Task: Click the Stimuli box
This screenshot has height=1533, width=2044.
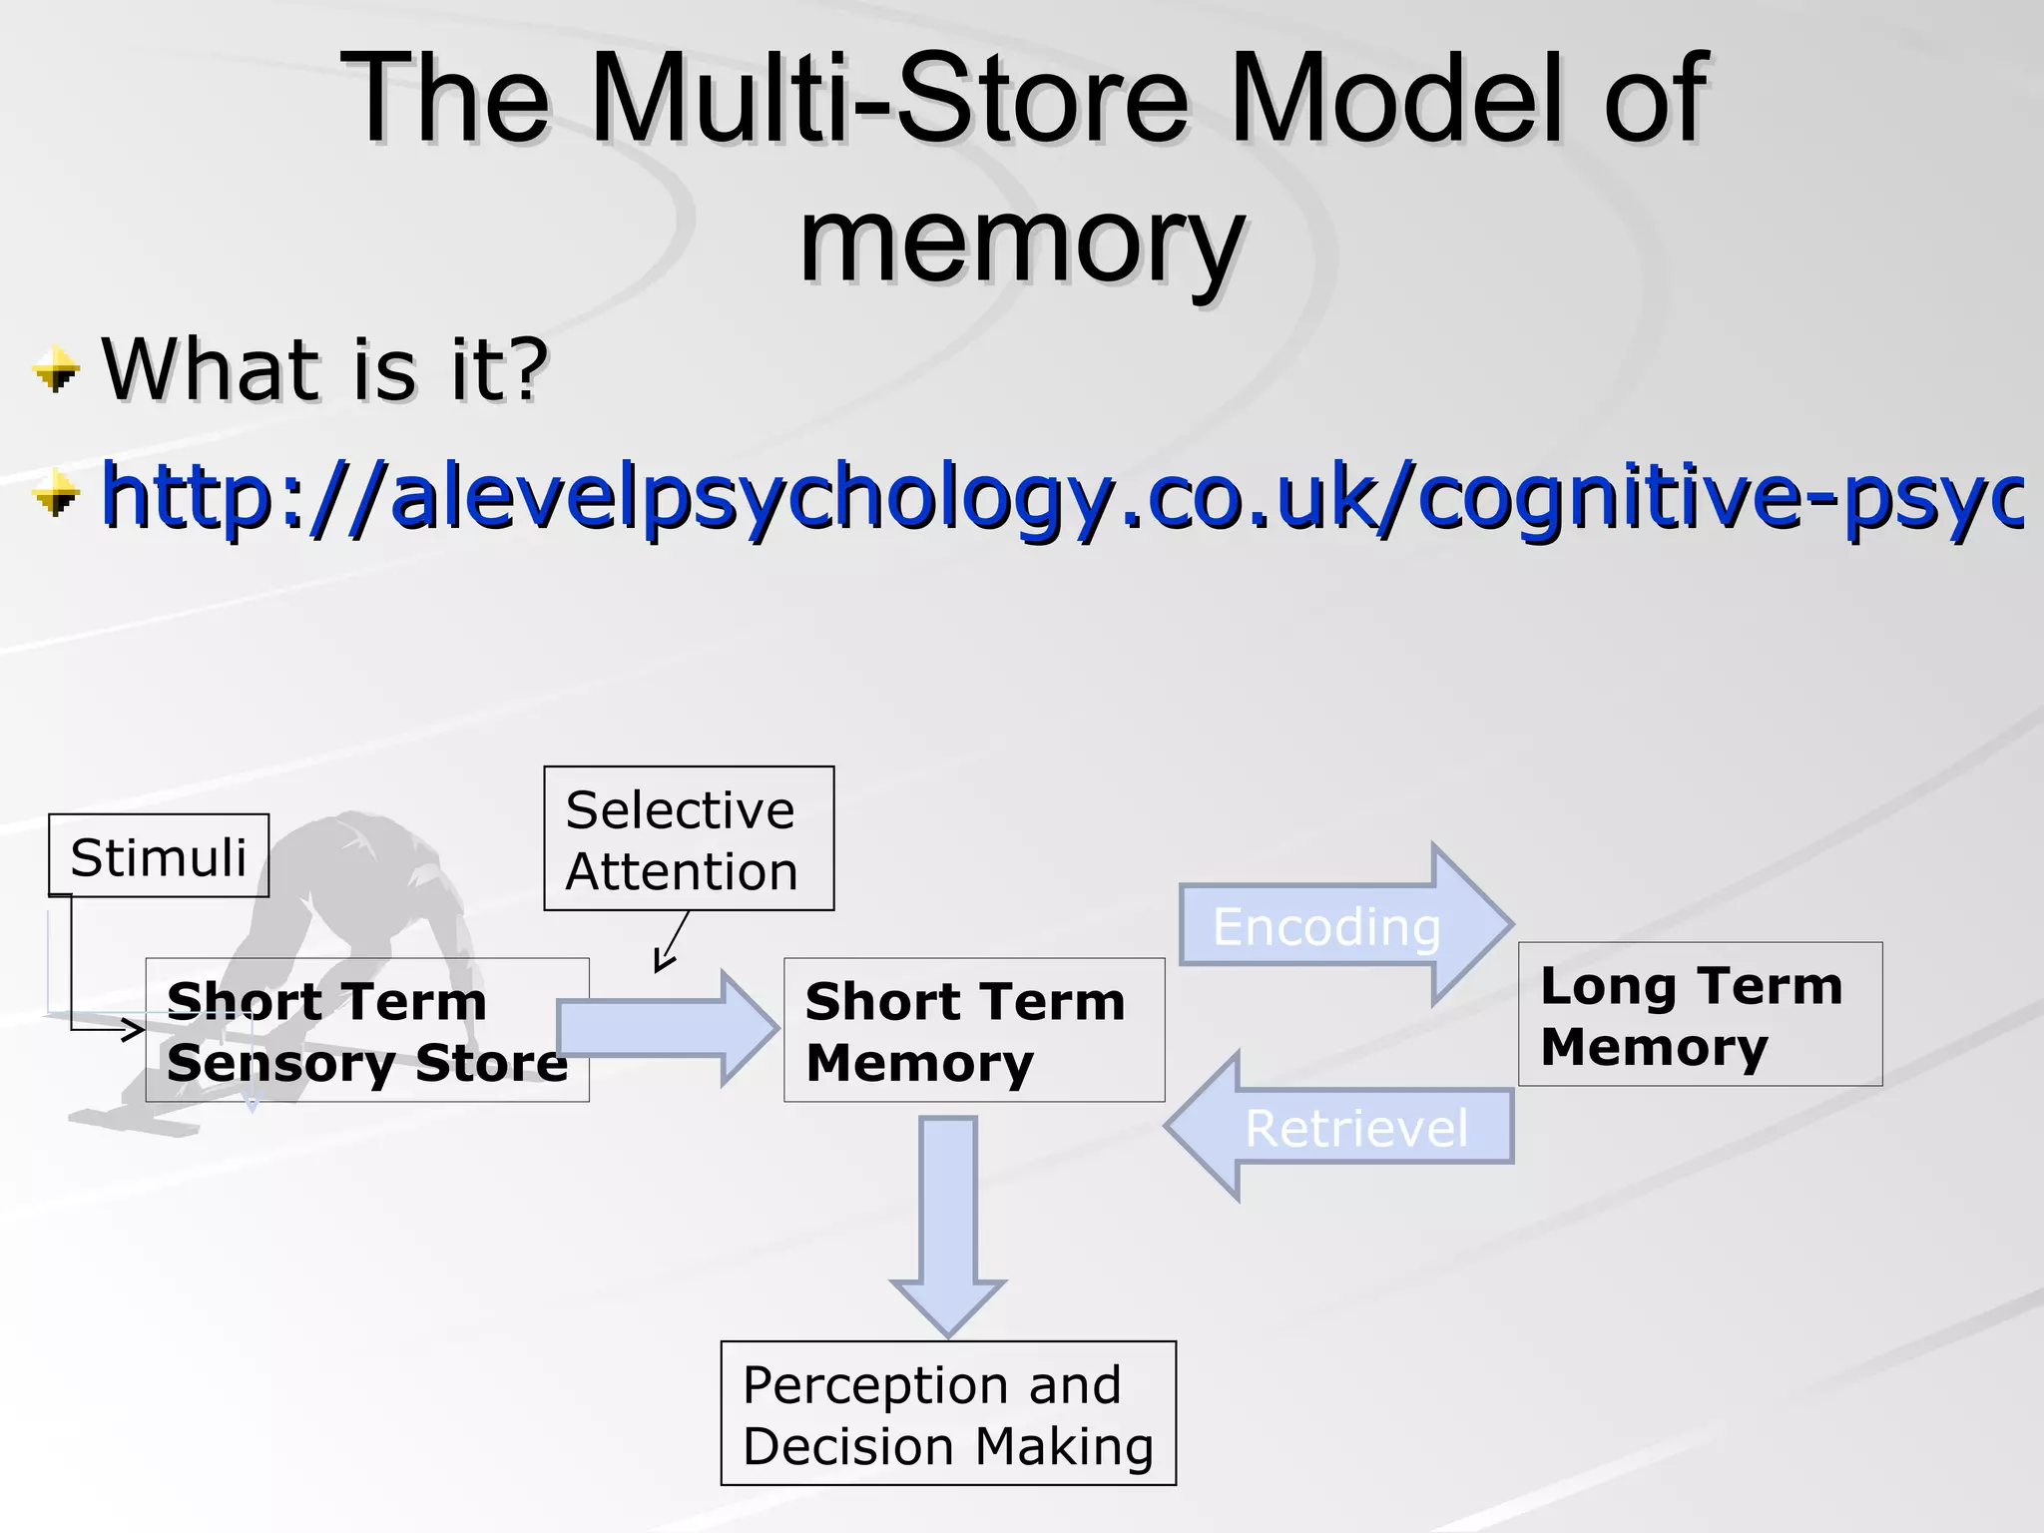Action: coord(159,855)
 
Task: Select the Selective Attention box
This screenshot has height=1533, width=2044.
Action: coord(689,838)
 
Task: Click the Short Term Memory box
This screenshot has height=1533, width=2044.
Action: coord(974,1030)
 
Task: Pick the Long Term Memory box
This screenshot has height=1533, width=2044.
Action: coord(1700,1014)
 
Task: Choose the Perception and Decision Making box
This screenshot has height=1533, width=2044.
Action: coord(948,1413)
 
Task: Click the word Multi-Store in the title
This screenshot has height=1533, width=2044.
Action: coord(888,100)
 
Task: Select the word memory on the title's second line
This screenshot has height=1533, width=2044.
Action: coord(1021,240)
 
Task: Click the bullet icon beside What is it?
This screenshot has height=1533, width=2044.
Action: coord(55,371)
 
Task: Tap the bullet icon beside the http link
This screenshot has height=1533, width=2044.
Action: coord(55,496)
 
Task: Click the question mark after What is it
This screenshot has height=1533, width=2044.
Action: coord(527,369)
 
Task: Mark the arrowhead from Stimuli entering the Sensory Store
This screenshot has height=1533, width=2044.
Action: coord(132,1029)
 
